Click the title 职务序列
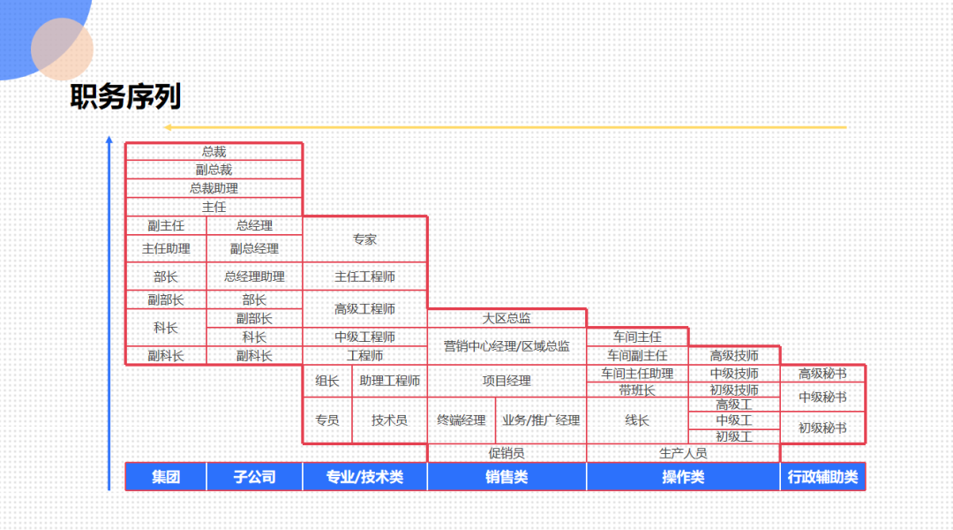coord(125,97)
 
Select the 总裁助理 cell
coord(214,188)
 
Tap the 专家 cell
coord(364,239)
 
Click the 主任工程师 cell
coord(364,276)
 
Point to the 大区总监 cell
coord(507,318)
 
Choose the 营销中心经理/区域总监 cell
coord(507,346)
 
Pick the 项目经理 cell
coord(507,381)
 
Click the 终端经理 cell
coord(461,420)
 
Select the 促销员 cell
coord(507,453)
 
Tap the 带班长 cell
coord(637,390)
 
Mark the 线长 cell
coord(637,420)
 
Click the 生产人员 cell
coord(683,453)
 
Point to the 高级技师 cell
coord(734,356)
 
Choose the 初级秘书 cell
coord(822,428)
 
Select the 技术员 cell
coord(389,420)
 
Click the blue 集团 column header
coord(166,477)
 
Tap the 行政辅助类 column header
coord(822,477)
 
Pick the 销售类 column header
coord(507,477)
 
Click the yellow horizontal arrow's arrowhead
coord(167,127)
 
